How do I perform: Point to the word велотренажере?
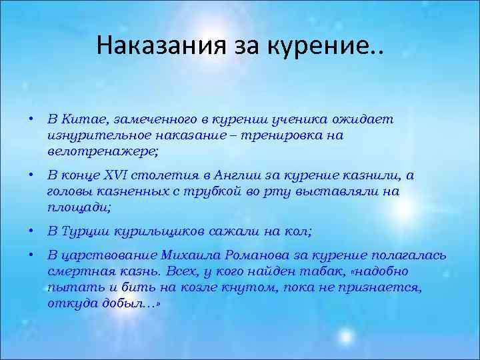pos(103,151)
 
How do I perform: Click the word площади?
pos(78,207)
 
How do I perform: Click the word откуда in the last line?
pos(68,303)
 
